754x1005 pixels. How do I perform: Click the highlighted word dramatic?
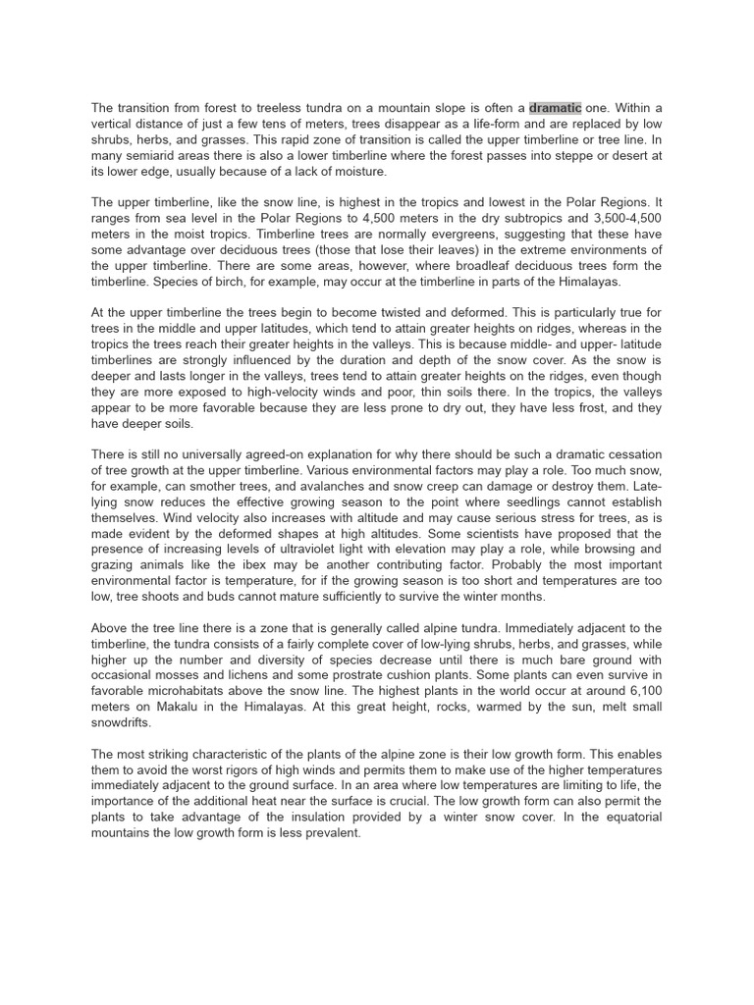click(x=555, y=108)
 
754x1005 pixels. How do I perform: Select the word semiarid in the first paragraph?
click(x=146, y=155)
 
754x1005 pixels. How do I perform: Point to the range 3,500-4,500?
click(x=624, y=218)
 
